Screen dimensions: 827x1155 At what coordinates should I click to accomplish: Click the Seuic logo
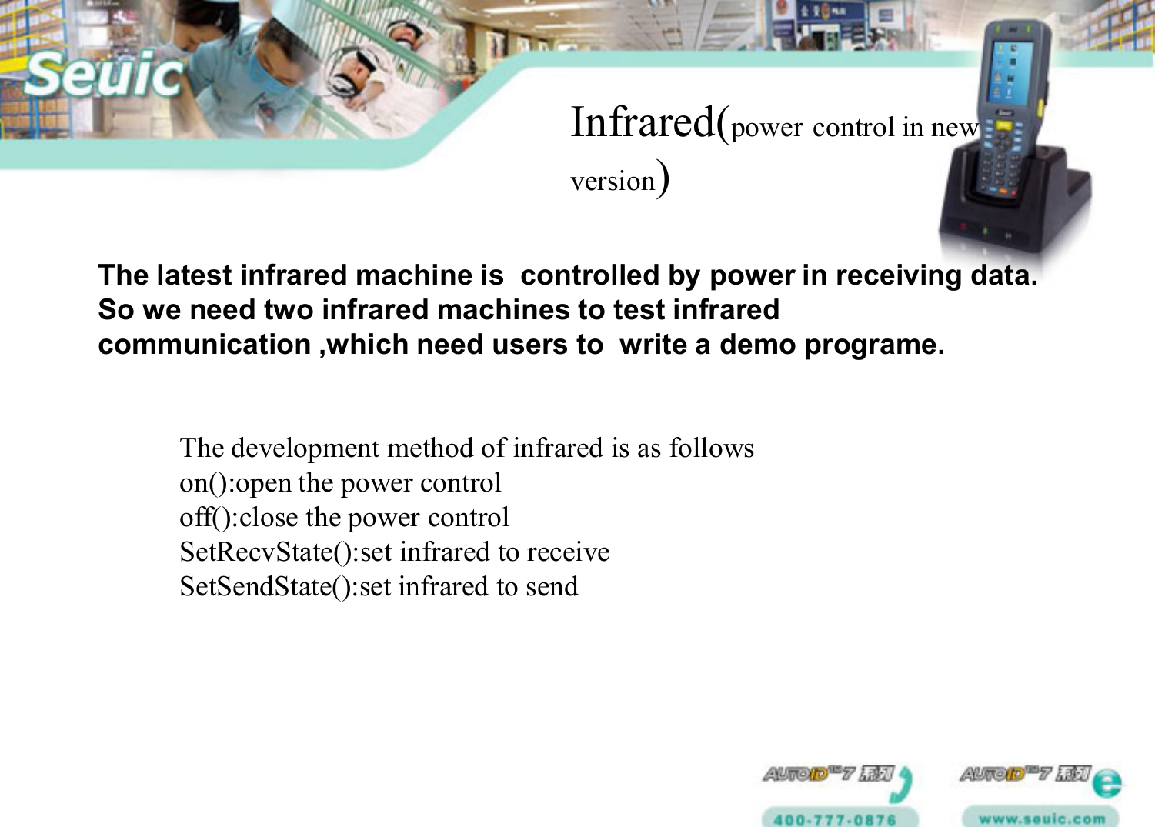104,75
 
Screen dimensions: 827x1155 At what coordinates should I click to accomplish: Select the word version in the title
612,182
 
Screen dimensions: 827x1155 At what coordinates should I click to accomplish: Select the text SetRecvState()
265,552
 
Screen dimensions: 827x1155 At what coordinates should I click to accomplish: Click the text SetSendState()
265,587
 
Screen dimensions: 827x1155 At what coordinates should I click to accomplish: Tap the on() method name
203,483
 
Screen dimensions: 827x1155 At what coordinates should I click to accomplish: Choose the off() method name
205,518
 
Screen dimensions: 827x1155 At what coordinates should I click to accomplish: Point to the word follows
711,449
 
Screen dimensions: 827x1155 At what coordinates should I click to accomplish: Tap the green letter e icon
1106,784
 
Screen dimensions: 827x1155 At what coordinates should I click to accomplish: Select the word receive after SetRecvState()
567,552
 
